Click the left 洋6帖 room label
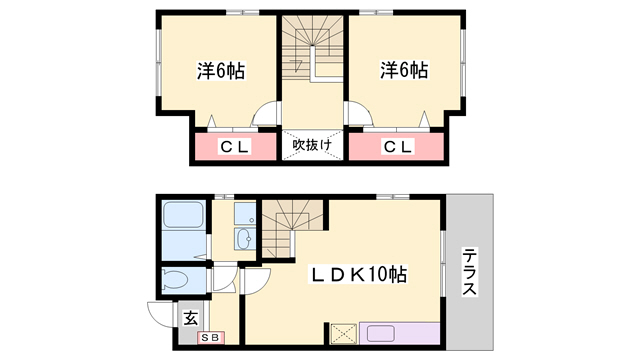[221, 71]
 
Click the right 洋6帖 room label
[403, 71]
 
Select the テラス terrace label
[469, 271]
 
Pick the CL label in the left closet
[234, 148]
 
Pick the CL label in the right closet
[397, 148]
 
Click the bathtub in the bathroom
[181, 217]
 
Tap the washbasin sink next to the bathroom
[244, 237]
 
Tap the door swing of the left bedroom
[267, 115]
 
